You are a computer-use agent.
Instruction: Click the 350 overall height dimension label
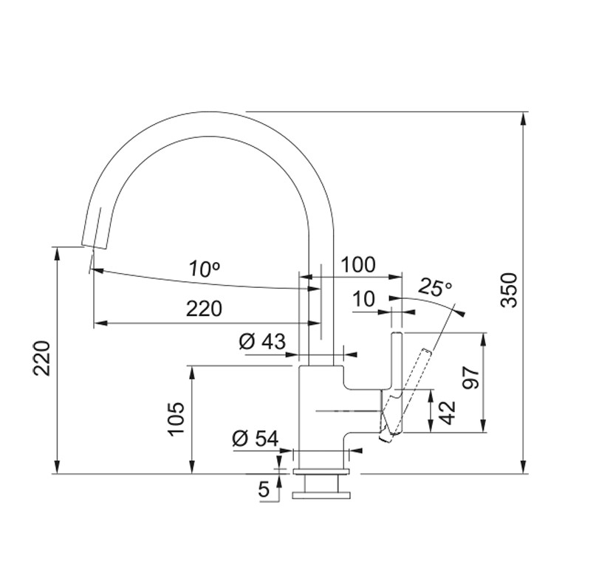point(509,290)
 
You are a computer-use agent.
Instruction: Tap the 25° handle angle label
point(435,286)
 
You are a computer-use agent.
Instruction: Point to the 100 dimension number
point(358,264)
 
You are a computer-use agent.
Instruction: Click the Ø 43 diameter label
point(262,341)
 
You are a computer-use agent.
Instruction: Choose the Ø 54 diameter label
point(256,439)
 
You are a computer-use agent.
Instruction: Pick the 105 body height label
point(177,418)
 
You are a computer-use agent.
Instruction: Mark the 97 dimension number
point(470,377)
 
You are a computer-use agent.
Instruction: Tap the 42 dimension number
point(448,412)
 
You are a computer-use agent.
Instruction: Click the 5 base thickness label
point(264,489)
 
